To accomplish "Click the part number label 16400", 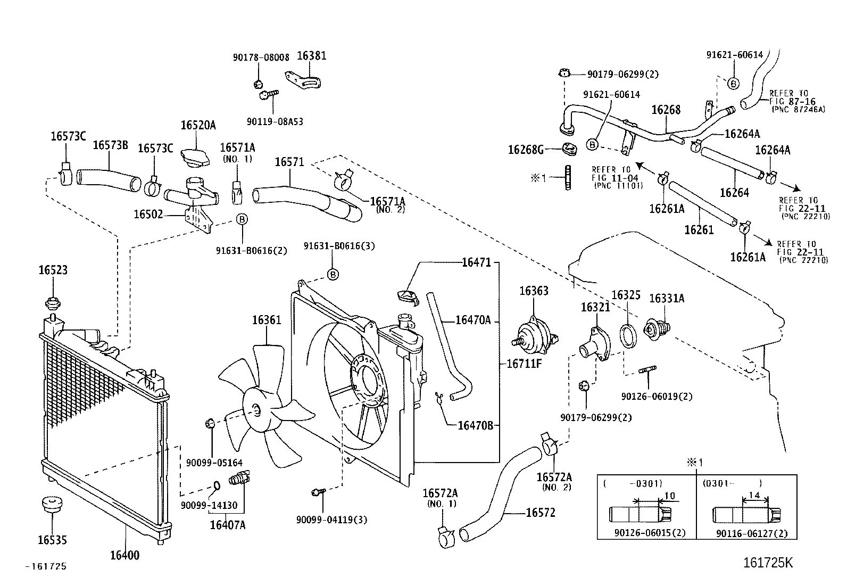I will pyautogui.click(x=124, y=555).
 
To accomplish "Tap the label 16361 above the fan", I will pyautogui.click(x=267, y=320).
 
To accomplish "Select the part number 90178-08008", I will pyautogui.click(x=261, y=57).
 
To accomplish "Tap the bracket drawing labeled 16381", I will pyautogui.click(x=305, y=81).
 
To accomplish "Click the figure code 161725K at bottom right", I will pyautogui.click(x=768, y=563).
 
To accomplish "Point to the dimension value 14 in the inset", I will pyautogui.click(x=755, y=495).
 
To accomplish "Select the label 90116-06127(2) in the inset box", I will pyautogui.click(x=751, y=533).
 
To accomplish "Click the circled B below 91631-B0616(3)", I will pyautogui.click(x=332, y=274).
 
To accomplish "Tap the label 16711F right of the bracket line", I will pyautogui.click(x=524, y=364).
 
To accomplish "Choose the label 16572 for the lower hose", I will pyautogui.click(x=540, y=513).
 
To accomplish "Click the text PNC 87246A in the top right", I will pyautogui.click(x=798, y=109).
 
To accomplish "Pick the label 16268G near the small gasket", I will pyautogui.click(x=526, y=150).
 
